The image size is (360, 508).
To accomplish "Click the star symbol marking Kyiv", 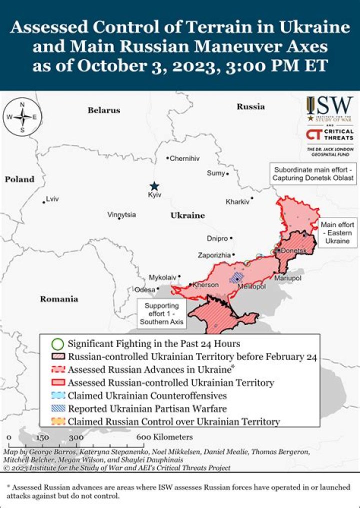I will (155, 185).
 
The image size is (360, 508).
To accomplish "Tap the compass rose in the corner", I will (22, 117).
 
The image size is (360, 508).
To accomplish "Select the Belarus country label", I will (104, 110).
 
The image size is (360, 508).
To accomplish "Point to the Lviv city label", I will (52, 199).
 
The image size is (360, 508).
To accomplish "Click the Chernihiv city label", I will (184, 158).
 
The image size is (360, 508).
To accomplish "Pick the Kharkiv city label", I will (237, 202).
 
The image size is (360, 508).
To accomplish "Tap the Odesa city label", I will (144, 289).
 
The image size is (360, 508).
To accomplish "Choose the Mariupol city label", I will (287, 277).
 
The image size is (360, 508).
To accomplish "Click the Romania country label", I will (59, 299).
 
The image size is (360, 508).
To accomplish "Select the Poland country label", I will (19, 179).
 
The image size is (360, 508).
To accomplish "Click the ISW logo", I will (329, 109).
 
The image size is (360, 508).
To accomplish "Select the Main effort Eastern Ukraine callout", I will (337, 232).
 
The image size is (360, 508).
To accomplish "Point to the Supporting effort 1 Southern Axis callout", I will (161, 313).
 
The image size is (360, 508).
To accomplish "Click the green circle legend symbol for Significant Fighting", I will (58, 344).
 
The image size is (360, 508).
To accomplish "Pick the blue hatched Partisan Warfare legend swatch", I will (58, 408).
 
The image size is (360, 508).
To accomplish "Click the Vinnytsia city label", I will (121, 214).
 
